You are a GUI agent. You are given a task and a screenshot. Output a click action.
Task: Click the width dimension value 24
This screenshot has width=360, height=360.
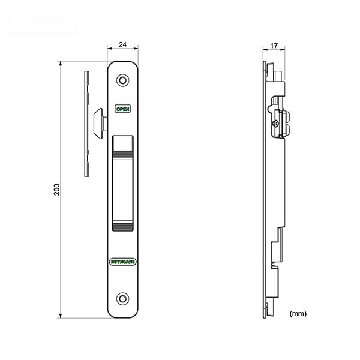pyautogui.click(x=122, y=44)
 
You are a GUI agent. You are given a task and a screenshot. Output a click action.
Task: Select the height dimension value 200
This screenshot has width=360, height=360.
pyautogui.click(x=56, y=190)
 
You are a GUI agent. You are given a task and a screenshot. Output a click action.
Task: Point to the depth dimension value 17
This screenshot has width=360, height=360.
pyautogui.click(x=274, y=46)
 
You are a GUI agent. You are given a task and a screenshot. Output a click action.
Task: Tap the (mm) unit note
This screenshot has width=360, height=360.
pyautogui.click(x=298, y=314)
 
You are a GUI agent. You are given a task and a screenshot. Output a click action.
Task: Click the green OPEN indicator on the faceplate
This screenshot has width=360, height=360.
pyautogui.click(x=122, y=109)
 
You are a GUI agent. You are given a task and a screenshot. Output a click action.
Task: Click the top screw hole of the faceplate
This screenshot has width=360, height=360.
pyautogui.click(x=122, y=80)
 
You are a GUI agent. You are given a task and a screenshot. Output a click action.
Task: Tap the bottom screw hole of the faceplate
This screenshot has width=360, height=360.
pyautogui.click(x=122, y=298)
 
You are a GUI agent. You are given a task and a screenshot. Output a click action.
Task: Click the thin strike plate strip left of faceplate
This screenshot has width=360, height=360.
pyautogui.click(x=87, y=124)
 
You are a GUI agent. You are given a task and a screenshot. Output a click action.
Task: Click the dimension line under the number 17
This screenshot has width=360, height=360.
pyautogui.click(x=274, y=52)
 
